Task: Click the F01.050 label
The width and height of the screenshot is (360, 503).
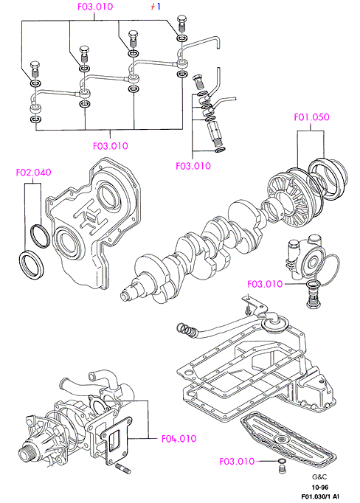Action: (x=311, y=117)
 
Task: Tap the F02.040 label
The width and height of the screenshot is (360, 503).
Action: (x=33, y=173)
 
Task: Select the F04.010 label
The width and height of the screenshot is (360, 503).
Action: (x=179, y=439)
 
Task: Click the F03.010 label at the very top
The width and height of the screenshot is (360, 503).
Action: (x=95, y=7)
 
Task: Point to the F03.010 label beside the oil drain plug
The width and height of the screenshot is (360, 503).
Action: (x=237, y=461)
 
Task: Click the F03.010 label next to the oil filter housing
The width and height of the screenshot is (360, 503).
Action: (x=265, y=284)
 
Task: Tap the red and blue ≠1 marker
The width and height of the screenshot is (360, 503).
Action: (x=156, y=7)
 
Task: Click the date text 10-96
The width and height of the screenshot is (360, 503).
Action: (x=320, y=488)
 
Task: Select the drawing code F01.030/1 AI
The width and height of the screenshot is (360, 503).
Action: (x=319, y=496)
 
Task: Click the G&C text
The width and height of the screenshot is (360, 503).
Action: (x=319, y=477)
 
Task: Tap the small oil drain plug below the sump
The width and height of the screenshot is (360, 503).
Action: (x=281, y=468)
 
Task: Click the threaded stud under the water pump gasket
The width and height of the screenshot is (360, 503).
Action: (x=122, y=468)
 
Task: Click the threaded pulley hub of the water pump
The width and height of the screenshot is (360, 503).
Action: (x=27, y=453)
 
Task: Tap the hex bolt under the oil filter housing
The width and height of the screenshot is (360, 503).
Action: (x=312, y=299)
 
